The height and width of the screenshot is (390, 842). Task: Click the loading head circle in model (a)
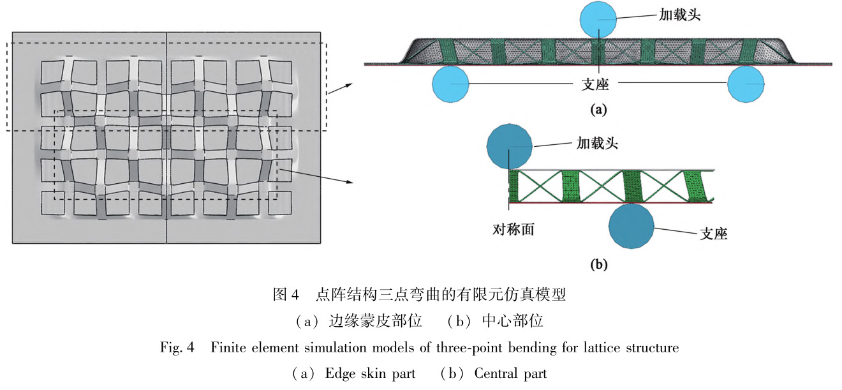point(598,20)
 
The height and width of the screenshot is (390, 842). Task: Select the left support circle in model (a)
point(450,84)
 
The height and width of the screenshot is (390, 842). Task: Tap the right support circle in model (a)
point(746,84)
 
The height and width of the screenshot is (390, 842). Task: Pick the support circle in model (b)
point(631,227)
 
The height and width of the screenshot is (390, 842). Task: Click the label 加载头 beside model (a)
point(680,15)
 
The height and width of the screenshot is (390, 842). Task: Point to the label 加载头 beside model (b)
point(597,143)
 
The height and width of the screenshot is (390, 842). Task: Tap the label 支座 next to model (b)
point(714,234)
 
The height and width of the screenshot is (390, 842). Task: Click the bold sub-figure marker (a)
point(598,109)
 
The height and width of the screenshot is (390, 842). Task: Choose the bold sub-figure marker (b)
point(598,264)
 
